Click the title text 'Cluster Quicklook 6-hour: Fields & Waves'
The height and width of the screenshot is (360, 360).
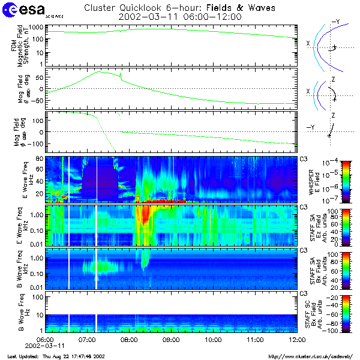pyautogui.click(x=180, y=8)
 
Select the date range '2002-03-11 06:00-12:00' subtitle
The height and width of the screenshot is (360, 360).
pyautogui.click(x=180, y=17)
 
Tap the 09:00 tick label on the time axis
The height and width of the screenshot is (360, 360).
pyautogui.click(x=172, y=340)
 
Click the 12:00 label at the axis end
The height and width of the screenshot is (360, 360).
pyautogui.click(x=296, y=340)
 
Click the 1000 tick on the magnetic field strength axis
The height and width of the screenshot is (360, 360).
pyautogui.click(x=37, y=28)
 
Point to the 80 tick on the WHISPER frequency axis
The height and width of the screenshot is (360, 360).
pyautogui.click(x=40, y=158)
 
